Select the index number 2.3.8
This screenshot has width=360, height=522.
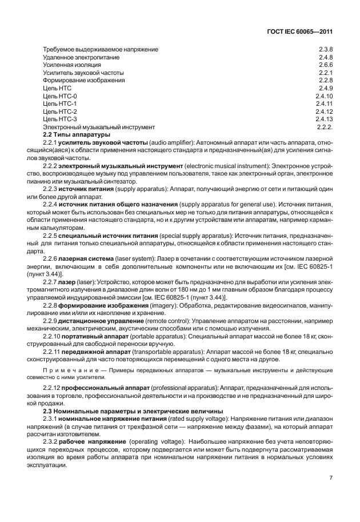pos(326,49)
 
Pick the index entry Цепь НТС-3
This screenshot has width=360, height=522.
pos(59,119)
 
